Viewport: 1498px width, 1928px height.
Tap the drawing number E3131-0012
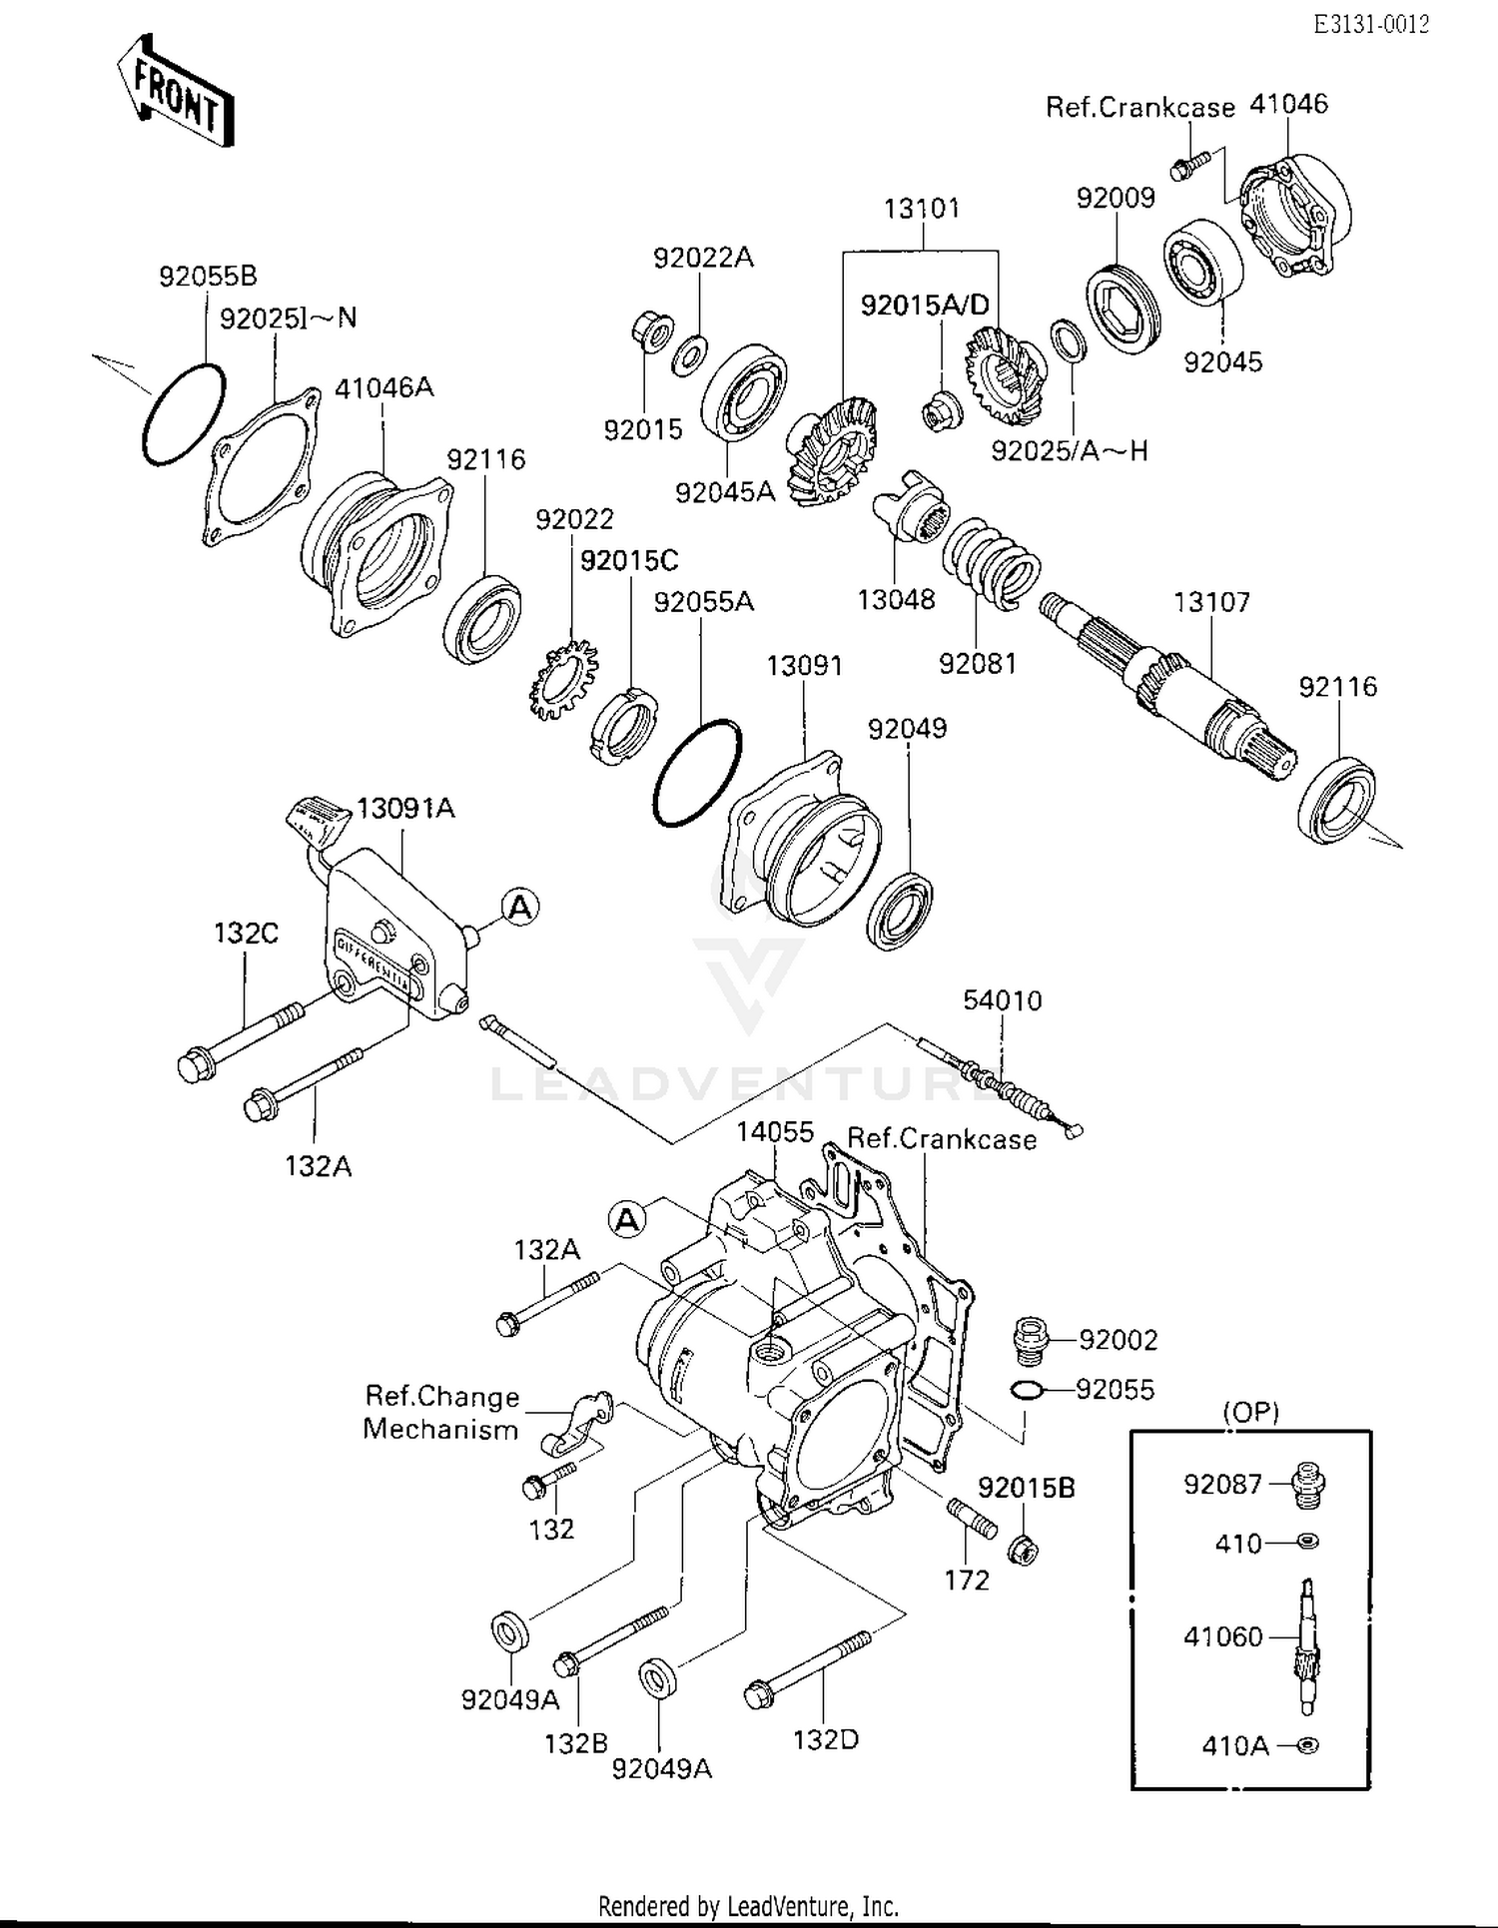1370,25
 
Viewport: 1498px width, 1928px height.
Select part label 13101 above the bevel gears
921,209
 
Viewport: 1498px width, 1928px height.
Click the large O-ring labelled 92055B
184,413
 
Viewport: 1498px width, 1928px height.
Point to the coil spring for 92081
993,562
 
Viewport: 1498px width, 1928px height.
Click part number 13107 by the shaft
1211,602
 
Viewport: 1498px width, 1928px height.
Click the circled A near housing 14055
627,1219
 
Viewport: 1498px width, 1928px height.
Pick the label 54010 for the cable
1002,1000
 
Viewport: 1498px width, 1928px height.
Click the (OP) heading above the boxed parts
1250,1411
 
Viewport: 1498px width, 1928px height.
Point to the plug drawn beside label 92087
1308,1484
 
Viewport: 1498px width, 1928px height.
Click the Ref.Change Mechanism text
441,1412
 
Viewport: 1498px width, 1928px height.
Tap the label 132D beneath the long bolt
825,1739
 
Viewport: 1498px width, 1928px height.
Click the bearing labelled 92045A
744,392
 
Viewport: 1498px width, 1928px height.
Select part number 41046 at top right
1289,104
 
